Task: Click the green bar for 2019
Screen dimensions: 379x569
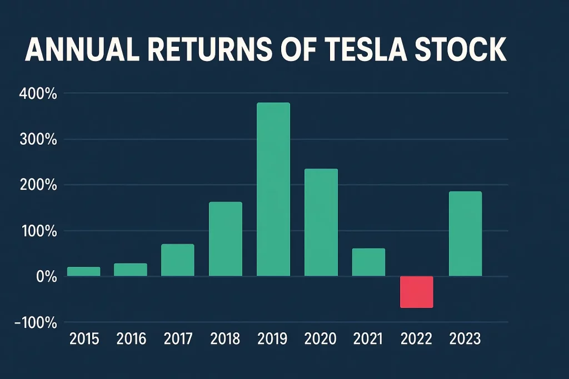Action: point(273,189)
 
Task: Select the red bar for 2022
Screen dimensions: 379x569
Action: point(416,292)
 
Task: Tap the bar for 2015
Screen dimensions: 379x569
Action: point(83,271)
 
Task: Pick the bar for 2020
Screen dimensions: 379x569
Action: point(321,222)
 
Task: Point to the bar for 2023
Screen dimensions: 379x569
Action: point(465,234)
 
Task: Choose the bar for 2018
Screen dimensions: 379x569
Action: point(225,239)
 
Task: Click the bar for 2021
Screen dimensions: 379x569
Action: point(368,262)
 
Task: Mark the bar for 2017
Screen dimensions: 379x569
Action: point(178,260)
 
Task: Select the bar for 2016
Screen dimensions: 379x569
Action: point(131,270)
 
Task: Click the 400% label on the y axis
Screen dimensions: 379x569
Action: point(38,94)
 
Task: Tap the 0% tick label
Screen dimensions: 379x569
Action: point(44,276)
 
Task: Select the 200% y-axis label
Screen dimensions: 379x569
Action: point(38,185)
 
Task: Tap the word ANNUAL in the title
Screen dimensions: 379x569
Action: point(77,50)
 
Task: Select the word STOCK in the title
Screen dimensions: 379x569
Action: point(467,50)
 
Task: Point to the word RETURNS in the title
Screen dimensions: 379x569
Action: point(211,50)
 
